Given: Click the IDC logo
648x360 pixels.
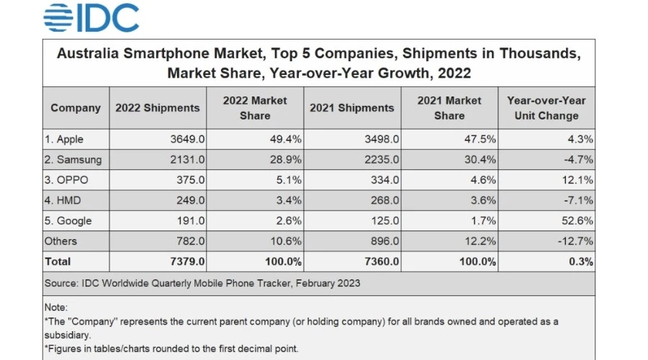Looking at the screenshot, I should (x=91, y=17).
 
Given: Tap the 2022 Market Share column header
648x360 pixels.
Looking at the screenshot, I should (x=255, y=108).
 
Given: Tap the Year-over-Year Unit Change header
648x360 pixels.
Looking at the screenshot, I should (x=546, y=108).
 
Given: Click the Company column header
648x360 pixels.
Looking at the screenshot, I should (x=76, y=108).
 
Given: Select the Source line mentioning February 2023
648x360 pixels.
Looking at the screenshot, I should (x=202, y=283).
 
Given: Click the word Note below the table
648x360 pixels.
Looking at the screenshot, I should (x=55, y=307).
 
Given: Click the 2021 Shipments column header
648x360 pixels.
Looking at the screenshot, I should (x=351, y=108).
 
